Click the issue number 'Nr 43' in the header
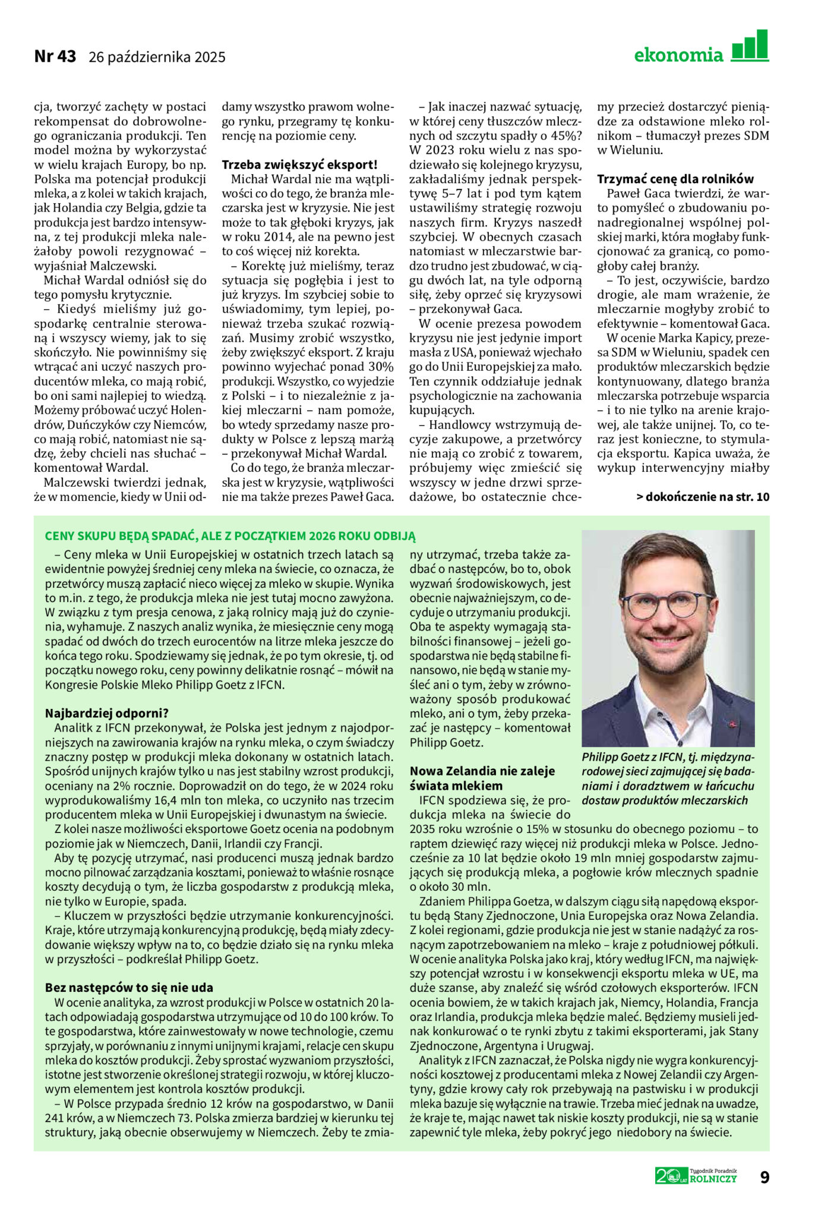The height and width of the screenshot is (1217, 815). tap(55, 56)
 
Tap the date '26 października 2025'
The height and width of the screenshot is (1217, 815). tap(157, 57)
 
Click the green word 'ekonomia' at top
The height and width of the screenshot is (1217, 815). tap(678, 56)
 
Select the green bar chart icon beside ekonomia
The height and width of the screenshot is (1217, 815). tap(750, 46)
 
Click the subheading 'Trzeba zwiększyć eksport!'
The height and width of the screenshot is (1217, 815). tap(299, 165)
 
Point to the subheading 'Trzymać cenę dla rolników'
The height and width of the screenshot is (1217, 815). tap(675, 179)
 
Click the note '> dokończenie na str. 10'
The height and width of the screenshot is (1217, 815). tap(703, 497)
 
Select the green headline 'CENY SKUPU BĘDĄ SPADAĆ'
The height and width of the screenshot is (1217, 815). tap(230, 536)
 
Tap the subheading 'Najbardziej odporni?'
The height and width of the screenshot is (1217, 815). tap(107, 713)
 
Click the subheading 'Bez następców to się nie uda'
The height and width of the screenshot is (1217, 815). tap(129, 988)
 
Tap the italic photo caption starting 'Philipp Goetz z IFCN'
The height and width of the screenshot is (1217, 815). tap(668, 778)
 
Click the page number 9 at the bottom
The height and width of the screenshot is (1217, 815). tap(765, 1177)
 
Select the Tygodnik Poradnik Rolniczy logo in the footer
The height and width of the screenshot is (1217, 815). tap(696, 1175)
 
